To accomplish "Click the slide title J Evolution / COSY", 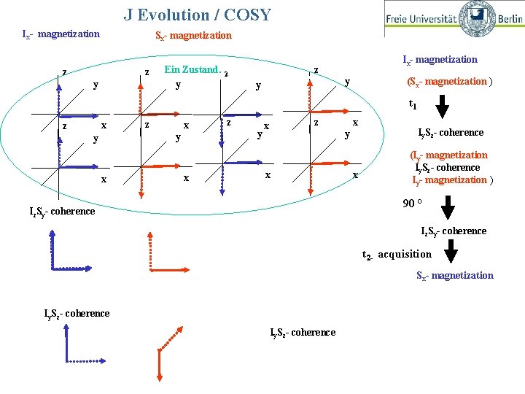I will [x=197, y=15].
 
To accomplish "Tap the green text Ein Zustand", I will [x=193, y=70].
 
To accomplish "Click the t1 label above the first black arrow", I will [x=413, y=105].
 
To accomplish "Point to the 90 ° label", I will [x=413, y=204].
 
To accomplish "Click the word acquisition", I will [x=405, y=254].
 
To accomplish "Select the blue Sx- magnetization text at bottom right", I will [x=454, y=275].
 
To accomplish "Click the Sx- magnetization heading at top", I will [x=193, y=35].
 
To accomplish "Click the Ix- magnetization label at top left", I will [x=61, y=34].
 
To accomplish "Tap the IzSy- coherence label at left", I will [x=62, y=212].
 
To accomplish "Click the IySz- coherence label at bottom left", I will [x=77, y=314].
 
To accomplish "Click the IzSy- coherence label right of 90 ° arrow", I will [x=453, y=231].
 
